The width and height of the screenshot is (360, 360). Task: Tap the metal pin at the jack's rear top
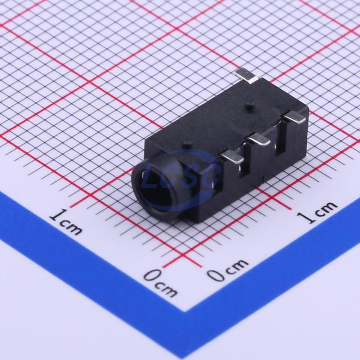246,75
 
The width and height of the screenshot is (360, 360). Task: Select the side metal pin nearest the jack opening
232,158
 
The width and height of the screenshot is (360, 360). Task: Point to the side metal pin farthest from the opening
294,118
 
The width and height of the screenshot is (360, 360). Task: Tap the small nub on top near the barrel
187,145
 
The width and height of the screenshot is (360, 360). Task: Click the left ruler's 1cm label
66,222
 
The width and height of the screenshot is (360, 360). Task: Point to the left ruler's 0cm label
160,283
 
